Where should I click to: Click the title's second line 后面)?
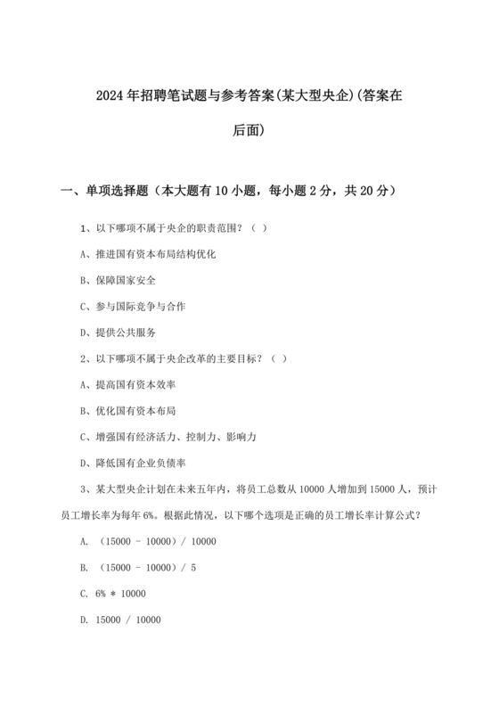pos(249,130)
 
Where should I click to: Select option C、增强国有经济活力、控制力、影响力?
pos(168,437)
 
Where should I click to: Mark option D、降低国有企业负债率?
pos(133,463)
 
